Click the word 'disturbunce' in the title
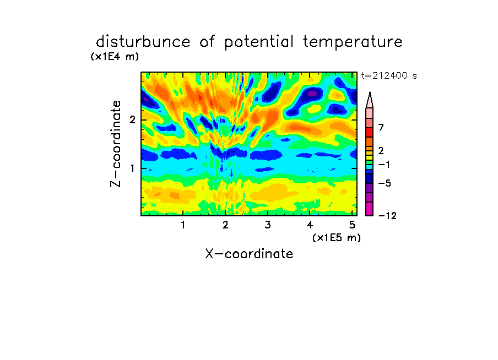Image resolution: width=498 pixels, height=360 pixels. click(143, 41)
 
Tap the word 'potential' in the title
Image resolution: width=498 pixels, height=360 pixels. click(259, 42)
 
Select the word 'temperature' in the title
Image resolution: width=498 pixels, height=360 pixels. click(353, 42)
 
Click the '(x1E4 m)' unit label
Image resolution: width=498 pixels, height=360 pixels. click(115, 57)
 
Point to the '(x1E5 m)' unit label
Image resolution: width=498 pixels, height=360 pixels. click(337, 237)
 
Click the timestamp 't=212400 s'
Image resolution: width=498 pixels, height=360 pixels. click(389, 75)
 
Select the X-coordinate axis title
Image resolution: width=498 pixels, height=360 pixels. click(249, 254)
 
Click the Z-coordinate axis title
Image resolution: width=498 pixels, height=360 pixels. click(116, 144)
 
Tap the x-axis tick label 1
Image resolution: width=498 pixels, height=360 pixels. click(183, 225)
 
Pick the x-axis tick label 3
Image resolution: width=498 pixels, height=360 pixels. click(268, 225)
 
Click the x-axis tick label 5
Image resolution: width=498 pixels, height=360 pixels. click(352, 225)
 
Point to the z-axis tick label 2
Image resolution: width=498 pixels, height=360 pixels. click(132, 120)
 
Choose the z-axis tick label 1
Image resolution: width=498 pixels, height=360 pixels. click(132, 168)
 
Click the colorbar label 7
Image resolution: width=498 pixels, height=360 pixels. click(381, 127)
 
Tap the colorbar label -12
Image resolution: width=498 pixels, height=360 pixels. click(387, 216)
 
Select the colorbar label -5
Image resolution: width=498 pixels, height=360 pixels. click(385, 183)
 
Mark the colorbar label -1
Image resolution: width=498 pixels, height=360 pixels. click(385, 165)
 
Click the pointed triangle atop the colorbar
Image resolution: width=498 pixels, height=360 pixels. click(370, 100)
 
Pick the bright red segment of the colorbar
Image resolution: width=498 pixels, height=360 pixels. click(370, 132)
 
